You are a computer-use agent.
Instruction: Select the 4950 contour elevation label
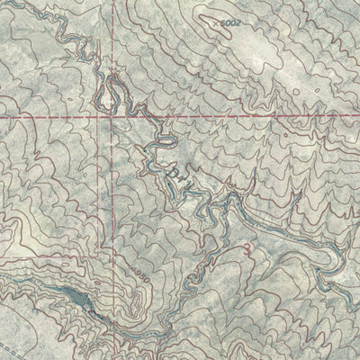pos(137,273)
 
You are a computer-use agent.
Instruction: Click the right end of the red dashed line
pos(357,117)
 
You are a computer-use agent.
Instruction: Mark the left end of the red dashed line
pos(2,116)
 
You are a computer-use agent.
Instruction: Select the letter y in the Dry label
pos(189,175)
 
